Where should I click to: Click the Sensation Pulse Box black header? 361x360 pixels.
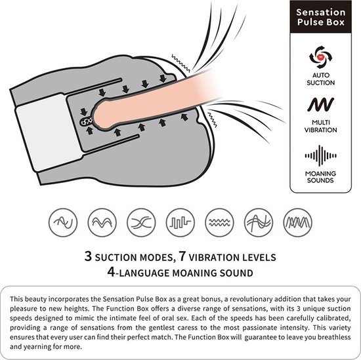point(320,17)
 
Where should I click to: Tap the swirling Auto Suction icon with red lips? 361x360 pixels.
point(320,57)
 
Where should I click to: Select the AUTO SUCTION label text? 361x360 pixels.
point(320,79)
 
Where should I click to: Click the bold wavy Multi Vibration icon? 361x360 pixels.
point(320,104)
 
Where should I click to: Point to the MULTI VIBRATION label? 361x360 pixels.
point(320,126)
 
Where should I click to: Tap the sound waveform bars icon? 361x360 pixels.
point(320,155)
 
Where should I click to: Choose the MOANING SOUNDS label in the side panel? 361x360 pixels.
point(320,176)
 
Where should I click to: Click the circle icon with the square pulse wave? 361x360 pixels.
point(180,222)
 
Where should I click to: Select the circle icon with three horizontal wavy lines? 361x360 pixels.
point(219,222)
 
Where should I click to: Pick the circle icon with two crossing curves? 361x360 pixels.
point(141,222)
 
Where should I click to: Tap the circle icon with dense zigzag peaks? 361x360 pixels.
point(298,222)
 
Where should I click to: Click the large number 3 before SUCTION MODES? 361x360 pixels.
point(88,256)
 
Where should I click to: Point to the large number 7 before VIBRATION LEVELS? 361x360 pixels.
point(182,256)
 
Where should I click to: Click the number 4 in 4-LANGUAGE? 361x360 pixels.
point(111,272)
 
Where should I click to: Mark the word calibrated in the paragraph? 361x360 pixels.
point(333,318)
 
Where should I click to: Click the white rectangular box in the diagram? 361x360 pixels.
point(49,132)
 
